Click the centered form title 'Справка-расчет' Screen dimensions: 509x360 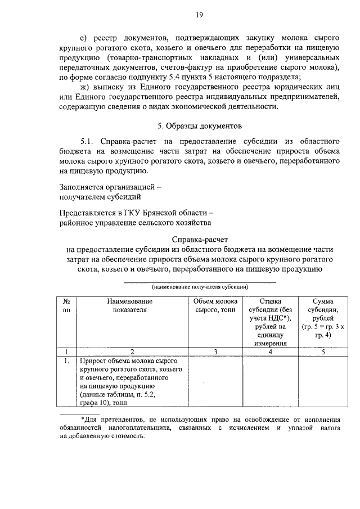point(199,239)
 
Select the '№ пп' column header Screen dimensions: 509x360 point(67,305)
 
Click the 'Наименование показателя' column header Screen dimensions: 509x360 point(130,305)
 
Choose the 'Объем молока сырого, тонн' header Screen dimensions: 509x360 point(215,305)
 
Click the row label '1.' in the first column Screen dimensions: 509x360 point(66,360)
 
